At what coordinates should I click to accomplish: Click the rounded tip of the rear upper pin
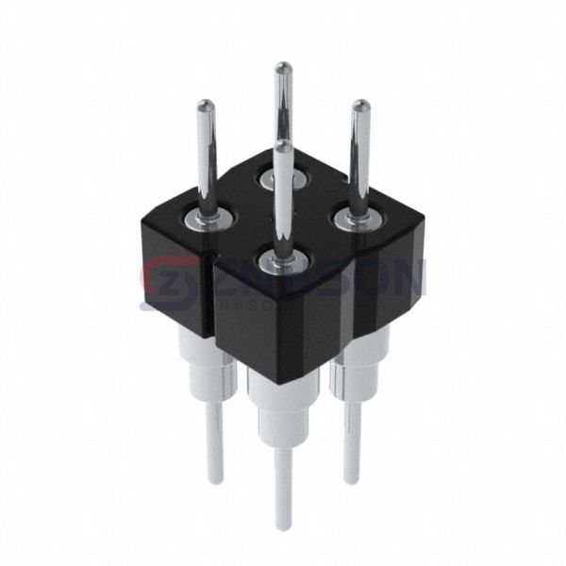[x=281, y=67]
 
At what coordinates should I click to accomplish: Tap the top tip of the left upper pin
[x=205, y=106]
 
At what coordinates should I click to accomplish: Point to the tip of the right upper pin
[x=359, y=107]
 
